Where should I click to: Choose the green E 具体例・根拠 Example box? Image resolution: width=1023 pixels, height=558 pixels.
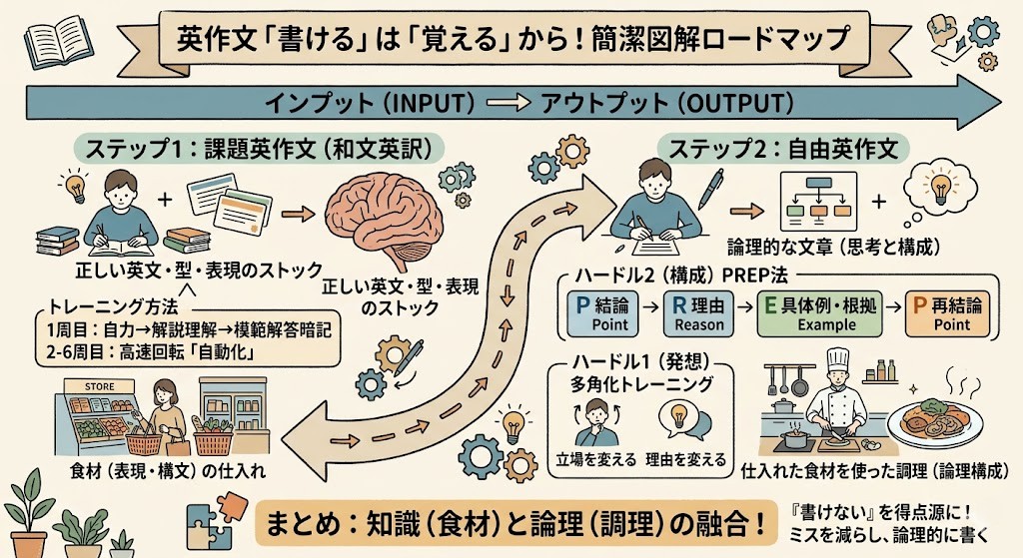(819, 313)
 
